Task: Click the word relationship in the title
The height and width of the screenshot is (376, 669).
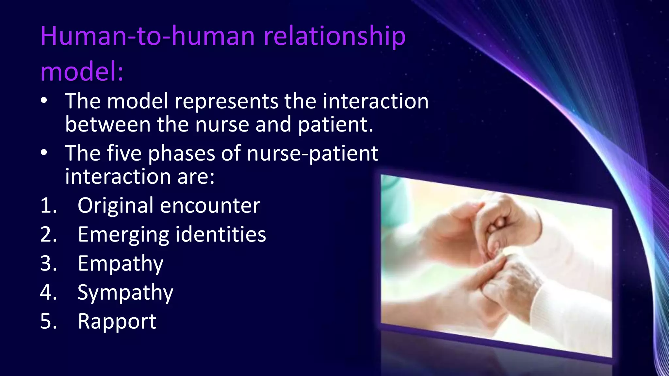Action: point(334,37)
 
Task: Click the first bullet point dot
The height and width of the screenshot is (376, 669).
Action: point(44,101)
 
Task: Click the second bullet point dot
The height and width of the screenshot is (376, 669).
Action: point(44,153)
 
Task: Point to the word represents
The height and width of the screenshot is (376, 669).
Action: point(226,102)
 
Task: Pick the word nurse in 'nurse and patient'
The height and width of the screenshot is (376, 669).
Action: point(222,125)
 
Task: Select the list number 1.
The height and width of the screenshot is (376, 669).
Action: point(48,206)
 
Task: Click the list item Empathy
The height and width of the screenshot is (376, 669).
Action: point(121,264)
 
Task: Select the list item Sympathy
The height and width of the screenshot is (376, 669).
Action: point(125,293)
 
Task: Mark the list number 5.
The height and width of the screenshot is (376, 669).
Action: point(48,322)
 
